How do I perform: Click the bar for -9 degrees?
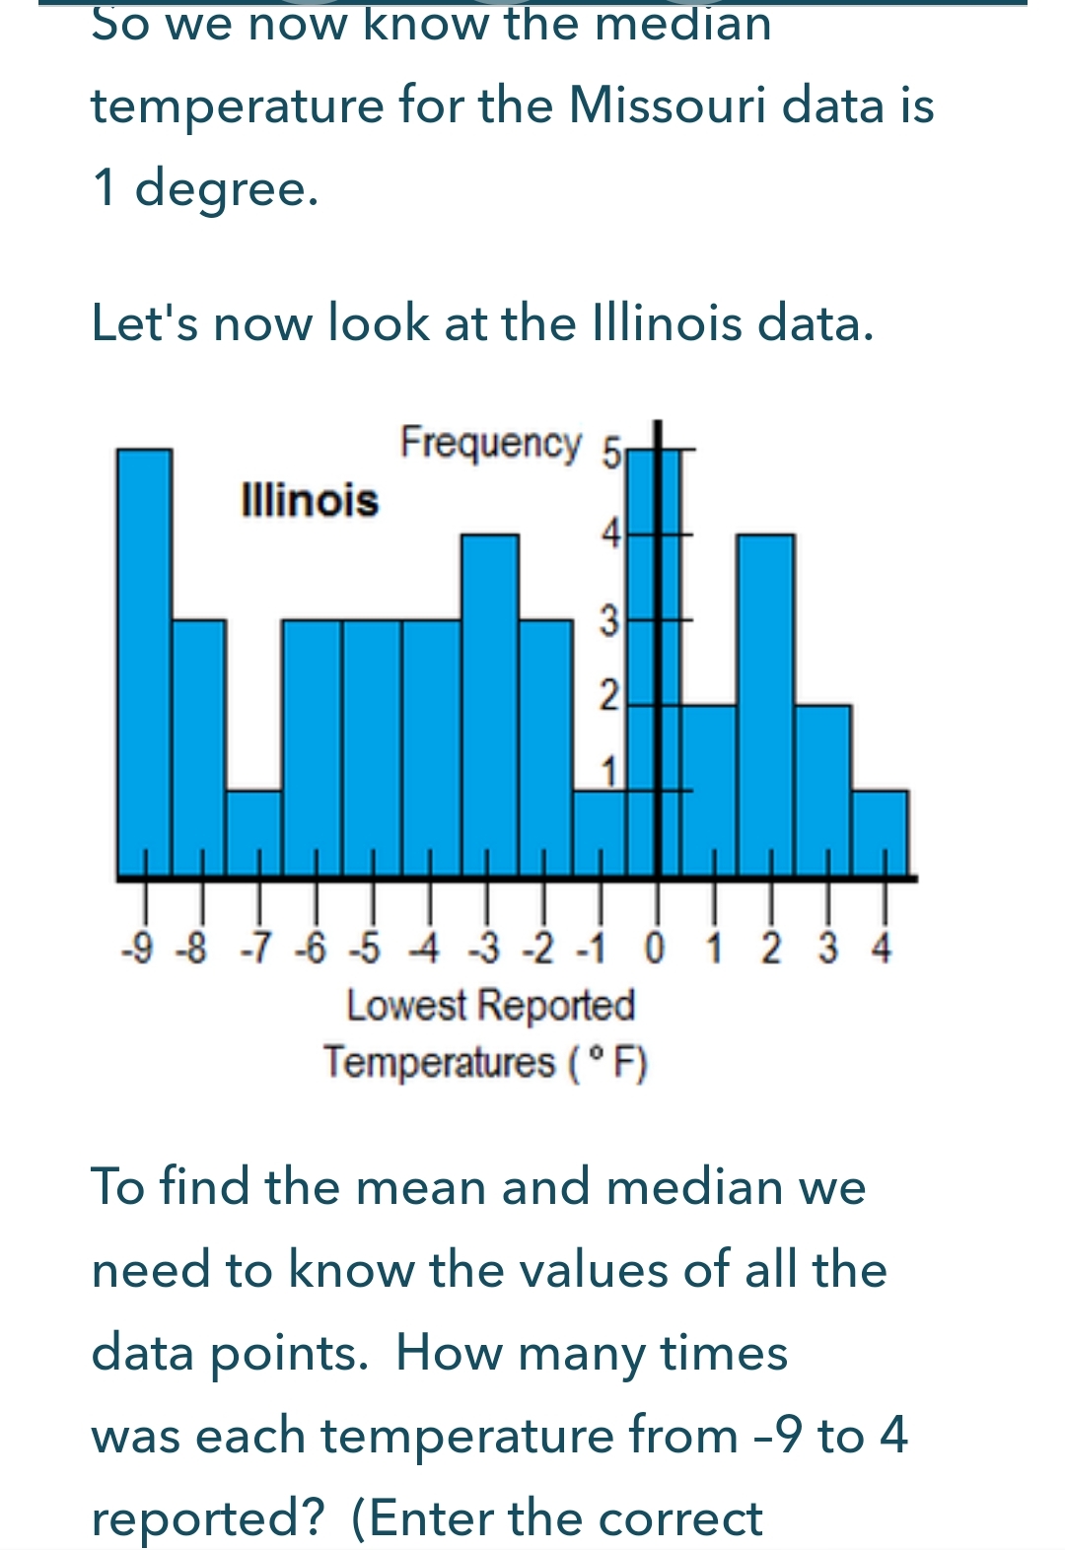[144, 661]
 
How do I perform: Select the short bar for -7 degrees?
[254, 833]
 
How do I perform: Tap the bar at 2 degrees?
[766, 705]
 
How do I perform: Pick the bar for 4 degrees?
[880, 833]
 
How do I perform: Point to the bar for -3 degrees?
[490, 705]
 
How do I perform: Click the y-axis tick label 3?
[610, 622]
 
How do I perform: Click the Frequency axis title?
[490, 443]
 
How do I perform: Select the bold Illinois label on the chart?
[310, 500]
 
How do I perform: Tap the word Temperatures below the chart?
[440, 1063]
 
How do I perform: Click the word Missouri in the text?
[668, 106]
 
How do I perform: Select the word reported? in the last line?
[207, 1517]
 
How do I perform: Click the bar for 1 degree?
[710, 789]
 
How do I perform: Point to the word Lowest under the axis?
[406, 1007]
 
